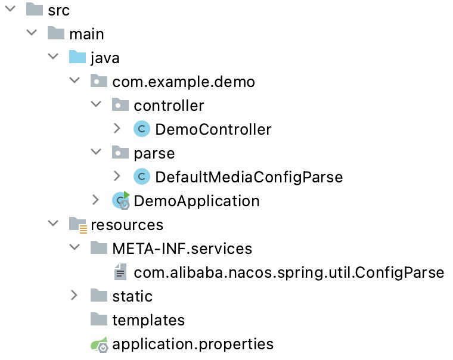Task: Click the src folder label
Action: click(x=58, y=10)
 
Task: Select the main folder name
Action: click(x=86, y=34)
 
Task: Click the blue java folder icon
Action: click(x=77, y=58)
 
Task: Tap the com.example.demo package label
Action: click(x=183, y=82)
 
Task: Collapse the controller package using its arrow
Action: click(x=95, y=105)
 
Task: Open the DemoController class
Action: click(x=213, y=129)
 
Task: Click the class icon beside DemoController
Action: click(x=142, y=129)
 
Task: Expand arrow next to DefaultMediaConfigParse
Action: click(x=117, y=176)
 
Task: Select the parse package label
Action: click(x=154, y=153)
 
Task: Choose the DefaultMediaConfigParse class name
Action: click(x=249, y=177)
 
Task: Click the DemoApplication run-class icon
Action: click(x=120, y=201)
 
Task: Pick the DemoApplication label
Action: click(x=196, y=201)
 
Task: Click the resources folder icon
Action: click(x=77, y=225)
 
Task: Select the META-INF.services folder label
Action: click(x=182, y=249)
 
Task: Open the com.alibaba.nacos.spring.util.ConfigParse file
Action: click(x=288, y=272)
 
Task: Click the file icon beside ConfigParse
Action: click(x=120, y=272)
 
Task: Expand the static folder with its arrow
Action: click(x=74, y=296)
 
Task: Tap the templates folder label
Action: click(x=148, y=320)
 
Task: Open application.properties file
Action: click(x=193, y=344)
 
